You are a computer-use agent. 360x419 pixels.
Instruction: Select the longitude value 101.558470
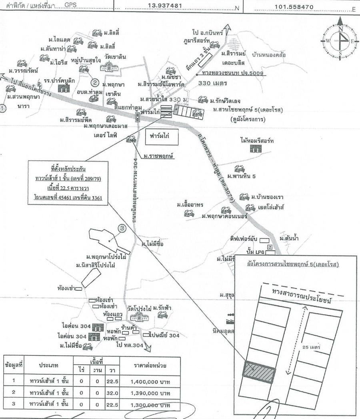[x=294, y=6]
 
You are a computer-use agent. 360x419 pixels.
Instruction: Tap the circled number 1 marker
[x=3, y=108]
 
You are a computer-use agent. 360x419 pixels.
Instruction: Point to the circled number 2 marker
[x=95, y=83]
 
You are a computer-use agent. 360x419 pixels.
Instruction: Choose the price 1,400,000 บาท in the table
[x=150, y=381]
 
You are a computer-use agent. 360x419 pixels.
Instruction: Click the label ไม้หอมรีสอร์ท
[x=257, y=140]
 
